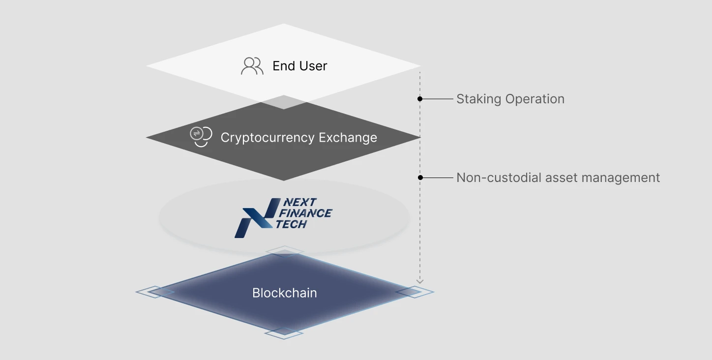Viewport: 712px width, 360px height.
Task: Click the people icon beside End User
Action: (x=252, y=66)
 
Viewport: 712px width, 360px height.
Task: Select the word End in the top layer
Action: (x=284, y=66)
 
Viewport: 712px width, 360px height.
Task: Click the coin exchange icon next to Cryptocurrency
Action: (x=201, y=137)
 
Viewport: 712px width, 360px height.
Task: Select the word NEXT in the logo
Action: (x=300, y=202)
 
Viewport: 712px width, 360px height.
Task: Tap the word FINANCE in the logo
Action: (x=305, y=213)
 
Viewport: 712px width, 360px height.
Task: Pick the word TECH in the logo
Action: (x=292, y=224)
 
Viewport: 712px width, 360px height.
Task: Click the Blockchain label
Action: (x=284, y=293)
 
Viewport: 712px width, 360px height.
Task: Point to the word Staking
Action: (x=478, y=99)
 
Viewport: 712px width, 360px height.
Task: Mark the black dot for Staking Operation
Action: (x=420, y=99)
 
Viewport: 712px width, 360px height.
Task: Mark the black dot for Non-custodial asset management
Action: (x=420, y=177)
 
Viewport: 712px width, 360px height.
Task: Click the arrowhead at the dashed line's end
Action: (x=420, y=281)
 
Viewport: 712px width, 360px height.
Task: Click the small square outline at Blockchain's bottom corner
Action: (x=284, y=333)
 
